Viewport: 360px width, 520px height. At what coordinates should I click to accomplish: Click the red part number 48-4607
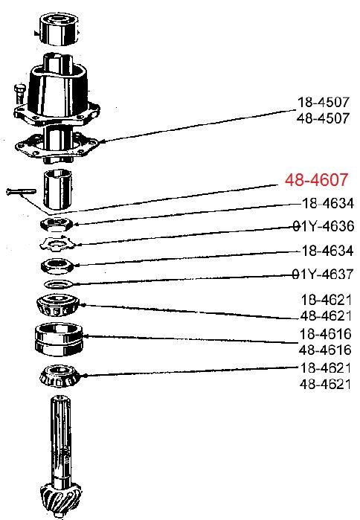[x=316, y=180]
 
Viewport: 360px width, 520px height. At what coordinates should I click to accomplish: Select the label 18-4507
[x=324, y=102]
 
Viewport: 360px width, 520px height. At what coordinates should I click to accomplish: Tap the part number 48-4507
[x=324, y=118]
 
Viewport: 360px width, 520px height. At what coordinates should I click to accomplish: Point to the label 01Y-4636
[x=324, y=226]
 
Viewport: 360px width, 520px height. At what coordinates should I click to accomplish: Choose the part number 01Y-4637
[x=323, y=275]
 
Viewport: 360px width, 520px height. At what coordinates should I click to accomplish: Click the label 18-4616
[x=325, y=334]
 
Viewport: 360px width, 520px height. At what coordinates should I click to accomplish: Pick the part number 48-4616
[x=325, y=350]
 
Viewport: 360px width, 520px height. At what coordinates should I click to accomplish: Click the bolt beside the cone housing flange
[x=19, y=93]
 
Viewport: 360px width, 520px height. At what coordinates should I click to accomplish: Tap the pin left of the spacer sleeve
[x=21, y=192]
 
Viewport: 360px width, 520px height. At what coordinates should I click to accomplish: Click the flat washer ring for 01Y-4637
[x=58, y=284]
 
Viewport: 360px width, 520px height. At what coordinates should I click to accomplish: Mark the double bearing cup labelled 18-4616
[x=59, y=339]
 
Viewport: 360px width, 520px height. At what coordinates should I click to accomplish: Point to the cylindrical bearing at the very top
[x=60, y=28]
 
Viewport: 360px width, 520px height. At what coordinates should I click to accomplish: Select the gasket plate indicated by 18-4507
[x=58, y=147]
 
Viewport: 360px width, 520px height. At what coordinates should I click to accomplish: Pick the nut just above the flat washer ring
[x=57, y=266]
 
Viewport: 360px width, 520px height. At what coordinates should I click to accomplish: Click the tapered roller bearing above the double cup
[x=58, y=305]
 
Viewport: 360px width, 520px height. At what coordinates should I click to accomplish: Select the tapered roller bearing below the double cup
[x=60, y=376]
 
